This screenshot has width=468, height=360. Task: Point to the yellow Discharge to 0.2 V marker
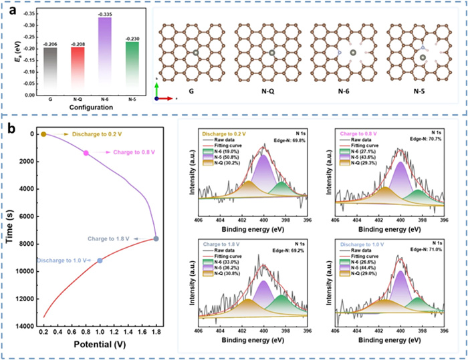coord(44,134)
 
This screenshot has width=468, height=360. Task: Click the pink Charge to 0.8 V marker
coord(86,153)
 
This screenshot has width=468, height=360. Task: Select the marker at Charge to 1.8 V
coord(156,238)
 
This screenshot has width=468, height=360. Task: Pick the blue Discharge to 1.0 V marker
coord(100,260)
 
